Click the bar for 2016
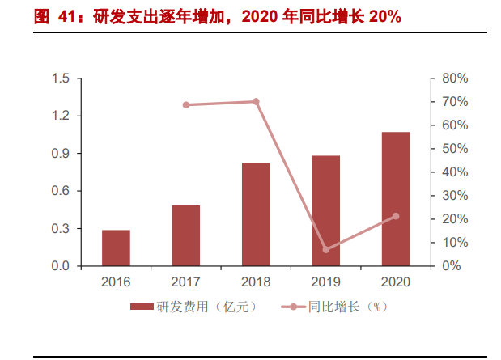[116, 248]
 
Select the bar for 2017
[185, 235]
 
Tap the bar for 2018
[256, 214]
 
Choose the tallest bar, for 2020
[396, 199]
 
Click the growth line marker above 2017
[186, 105]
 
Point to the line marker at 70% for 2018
[256, 102]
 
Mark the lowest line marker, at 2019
[326, 249]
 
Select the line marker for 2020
[396, 216]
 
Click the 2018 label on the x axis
[256, 282]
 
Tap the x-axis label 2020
[396, 282]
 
